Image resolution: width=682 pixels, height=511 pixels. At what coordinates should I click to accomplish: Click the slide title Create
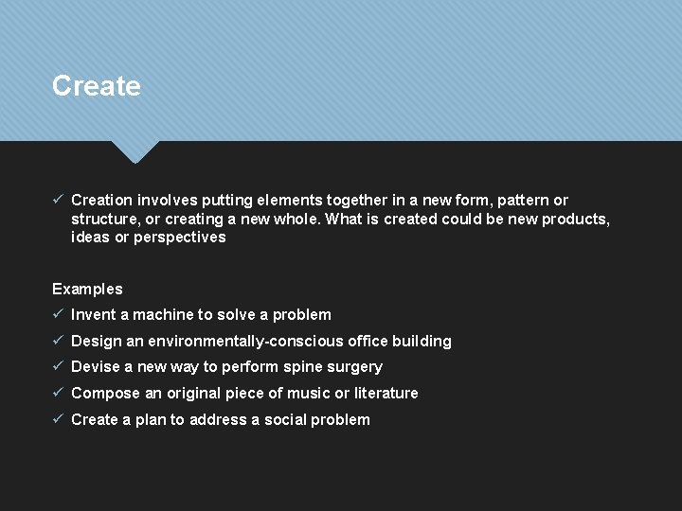[x=97, y=86]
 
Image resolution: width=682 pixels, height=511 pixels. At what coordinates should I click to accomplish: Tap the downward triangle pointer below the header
[x=135, y=150]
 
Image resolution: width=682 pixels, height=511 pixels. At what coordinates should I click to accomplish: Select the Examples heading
[x=87, y=289]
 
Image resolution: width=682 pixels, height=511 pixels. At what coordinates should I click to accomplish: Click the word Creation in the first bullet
[x=101, y=200]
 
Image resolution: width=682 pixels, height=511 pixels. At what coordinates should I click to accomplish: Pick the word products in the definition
[x=575, y=219]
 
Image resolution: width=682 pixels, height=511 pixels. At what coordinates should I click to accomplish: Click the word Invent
[x=92, y=314]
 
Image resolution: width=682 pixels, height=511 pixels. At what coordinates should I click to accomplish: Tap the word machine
[x=162, y=314]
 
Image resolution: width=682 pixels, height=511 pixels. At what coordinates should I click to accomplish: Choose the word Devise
[x=96, y=366]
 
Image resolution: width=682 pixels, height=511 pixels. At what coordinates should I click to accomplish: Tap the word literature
[x=386, y=393]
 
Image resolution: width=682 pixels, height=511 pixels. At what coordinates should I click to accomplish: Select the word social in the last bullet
[x=287, y=419]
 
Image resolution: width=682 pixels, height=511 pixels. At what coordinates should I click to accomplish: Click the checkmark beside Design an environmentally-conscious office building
[x=58, y=341]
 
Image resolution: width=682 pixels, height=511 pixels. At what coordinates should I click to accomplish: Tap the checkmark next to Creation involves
[x=58, y=200]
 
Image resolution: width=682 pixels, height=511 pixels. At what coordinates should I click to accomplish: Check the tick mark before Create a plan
[x=58, y=419]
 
